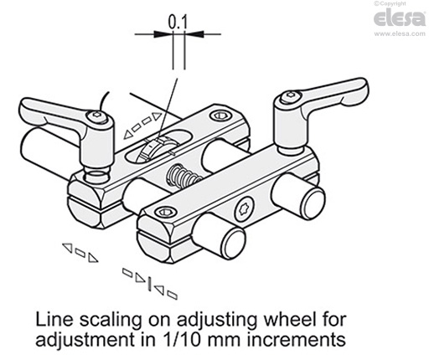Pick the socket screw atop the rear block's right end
click(x=220, y=116)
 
